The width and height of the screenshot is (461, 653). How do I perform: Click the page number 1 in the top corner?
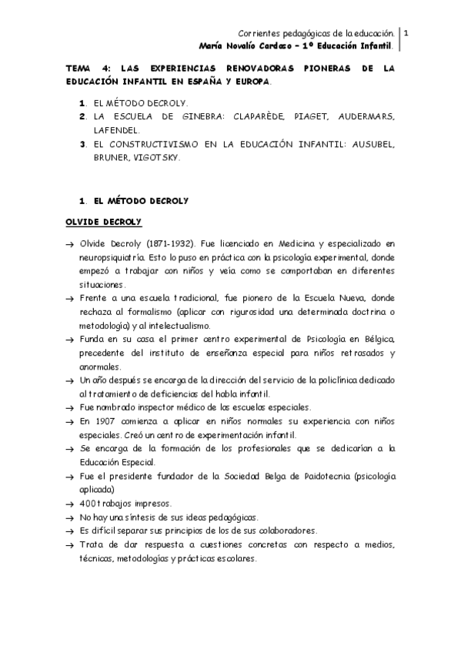pos(406,33)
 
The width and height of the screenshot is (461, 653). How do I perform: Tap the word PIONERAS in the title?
pos(312,69)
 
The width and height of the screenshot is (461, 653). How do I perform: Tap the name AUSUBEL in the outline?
pos(373,144)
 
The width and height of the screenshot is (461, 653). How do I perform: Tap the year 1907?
pos(108,422)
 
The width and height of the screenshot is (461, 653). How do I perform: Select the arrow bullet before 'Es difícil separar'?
pos(69,532)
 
